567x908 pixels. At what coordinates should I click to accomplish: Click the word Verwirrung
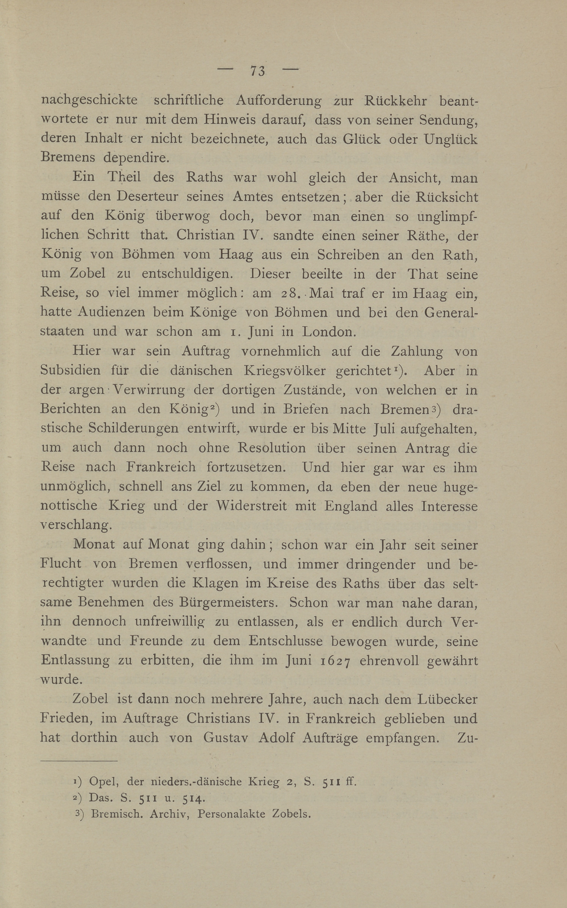point(149,390)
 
